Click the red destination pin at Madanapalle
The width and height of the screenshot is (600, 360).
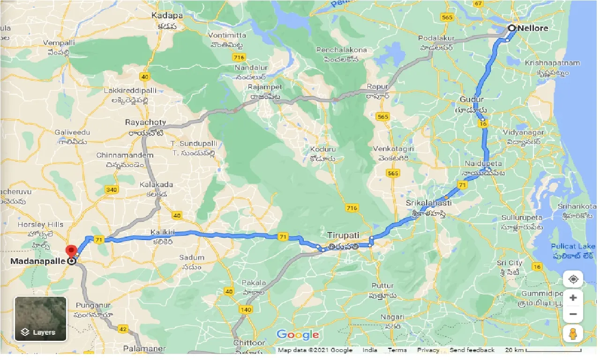tap(71, 251)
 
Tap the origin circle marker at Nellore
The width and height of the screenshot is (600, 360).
tap(511, 28)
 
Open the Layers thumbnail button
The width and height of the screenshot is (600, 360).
tap(40, 319)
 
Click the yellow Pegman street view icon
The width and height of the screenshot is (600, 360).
tap(573, 333)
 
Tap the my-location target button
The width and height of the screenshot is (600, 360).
tap(573, 280)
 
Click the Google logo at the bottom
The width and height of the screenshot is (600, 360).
tap(298, 335)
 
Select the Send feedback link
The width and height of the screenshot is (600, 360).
tap(472, 350)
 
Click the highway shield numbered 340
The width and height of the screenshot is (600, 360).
tap(112, 189)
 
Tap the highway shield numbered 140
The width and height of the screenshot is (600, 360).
tap(245, 309)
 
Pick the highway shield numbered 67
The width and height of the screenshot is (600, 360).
tap(478, 4)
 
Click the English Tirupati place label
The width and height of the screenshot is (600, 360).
tap(344, 235)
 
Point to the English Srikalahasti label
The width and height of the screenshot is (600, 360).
tap(428, 203)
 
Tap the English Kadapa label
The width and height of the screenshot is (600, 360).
tap(167, 15)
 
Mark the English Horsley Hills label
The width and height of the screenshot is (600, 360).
tap(37, 225)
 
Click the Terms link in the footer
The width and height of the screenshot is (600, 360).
tap(397, 350)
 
